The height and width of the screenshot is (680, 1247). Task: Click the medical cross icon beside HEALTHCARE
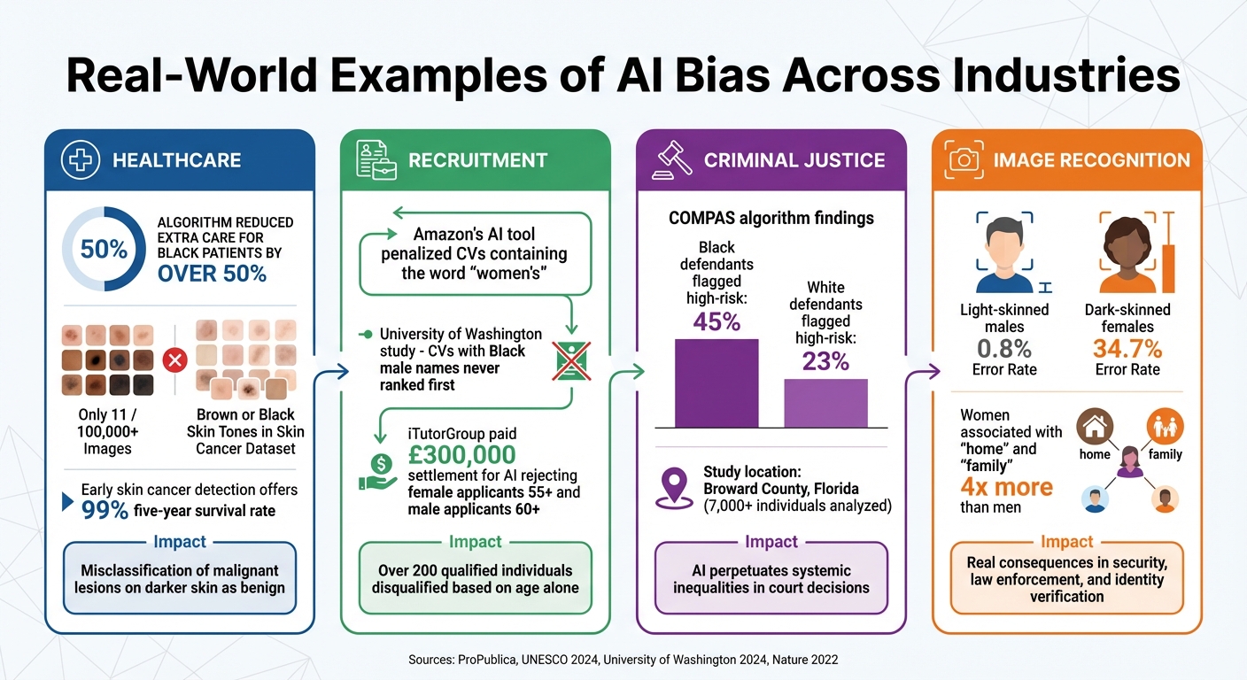pyautogui.click(x=80, y=160)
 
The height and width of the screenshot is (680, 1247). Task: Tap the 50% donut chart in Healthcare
pyautogui.click(x=104, y=249)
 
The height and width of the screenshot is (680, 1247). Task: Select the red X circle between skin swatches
pyautogui.click(x=174, y=360)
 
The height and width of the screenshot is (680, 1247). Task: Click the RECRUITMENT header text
pyautogui.click(x=477, y=160)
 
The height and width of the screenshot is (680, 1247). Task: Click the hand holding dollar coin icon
pyautogui.click(x=378, y=470)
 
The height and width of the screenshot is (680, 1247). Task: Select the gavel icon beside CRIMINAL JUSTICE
pyautogui.click(x=672, y=159)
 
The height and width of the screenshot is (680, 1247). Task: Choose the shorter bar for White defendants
pyautogui.click(x=825, y=404)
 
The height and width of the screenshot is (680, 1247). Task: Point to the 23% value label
pyautogui.click(x=825, y=361)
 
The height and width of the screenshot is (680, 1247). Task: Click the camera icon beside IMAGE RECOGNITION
pyautogui.click(x=964, y=159)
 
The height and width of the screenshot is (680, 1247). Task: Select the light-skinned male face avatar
pyautogui.click(x=1004, y=253)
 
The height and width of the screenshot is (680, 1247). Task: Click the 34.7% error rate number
pyautogui.click(x=1127, y=348)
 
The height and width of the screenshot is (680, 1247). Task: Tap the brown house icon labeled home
pyautogui.click(x=1094, y=428)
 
